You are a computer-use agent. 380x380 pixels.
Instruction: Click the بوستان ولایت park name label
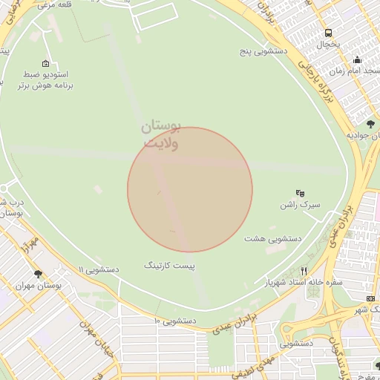(x=162, y=135)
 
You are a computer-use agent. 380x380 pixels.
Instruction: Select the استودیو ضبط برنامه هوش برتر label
(x=47, y=80)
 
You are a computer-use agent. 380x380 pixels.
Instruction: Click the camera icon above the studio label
(x=47, y=63)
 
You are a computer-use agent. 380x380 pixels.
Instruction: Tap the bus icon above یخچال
(x=328, y=33)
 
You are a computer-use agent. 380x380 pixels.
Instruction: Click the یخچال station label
(x=328, y=45)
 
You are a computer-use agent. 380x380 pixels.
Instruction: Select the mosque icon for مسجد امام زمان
(x=357, y=60)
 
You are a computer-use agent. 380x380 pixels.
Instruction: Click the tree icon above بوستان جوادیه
(x=370, y=123)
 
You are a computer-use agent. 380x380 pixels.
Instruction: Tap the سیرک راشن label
(x=304, y=204)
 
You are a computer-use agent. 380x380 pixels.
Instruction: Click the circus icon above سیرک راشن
(x=301, y=191)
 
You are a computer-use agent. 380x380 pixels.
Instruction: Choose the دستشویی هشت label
(x=272, y=239)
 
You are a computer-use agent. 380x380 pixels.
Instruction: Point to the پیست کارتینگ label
(x=168, y=264)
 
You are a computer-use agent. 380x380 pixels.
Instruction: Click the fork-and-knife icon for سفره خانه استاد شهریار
(x=304, y=271)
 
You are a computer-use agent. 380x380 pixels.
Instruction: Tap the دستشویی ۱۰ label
(x=174, y=321)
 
